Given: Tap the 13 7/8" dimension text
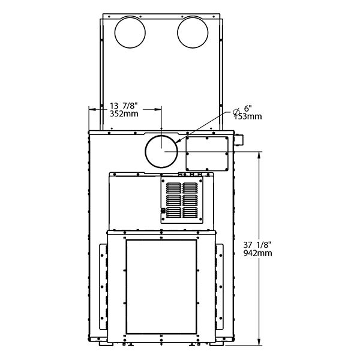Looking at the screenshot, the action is point(124,106).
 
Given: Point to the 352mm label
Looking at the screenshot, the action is point(124,113).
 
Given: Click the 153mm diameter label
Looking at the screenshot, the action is point(248,116).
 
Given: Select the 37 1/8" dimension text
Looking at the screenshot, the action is point(257,245).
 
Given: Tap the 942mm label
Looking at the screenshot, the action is point(257,253).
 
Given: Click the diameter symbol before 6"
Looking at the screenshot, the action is point(236,112).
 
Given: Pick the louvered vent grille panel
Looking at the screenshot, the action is point(182,200).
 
